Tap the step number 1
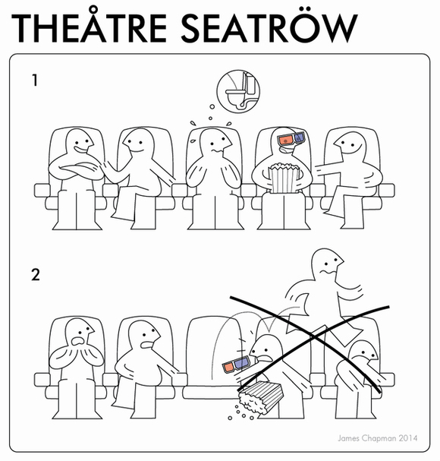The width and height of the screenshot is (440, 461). [35, 80]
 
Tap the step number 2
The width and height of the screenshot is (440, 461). [36, 275]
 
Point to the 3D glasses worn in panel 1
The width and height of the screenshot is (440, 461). [291, 138]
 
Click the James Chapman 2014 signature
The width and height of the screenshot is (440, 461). [377, 438]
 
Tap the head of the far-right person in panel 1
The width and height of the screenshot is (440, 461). [350, 144]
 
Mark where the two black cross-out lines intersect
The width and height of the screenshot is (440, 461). [315, 336]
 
